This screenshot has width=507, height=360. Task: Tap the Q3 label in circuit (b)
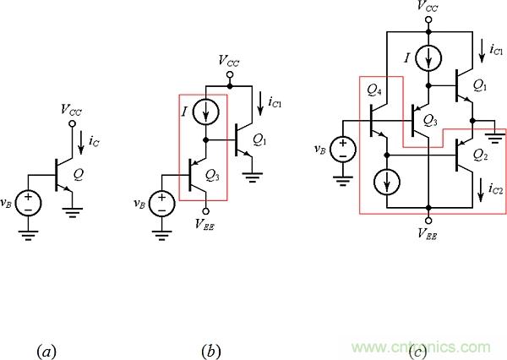coord(211,177)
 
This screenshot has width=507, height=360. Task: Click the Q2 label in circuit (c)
coord(480,155)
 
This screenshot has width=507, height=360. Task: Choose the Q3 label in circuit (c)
coord(430,119)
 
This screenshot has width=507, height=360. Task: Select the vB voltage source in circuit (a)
coord(29,204)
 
